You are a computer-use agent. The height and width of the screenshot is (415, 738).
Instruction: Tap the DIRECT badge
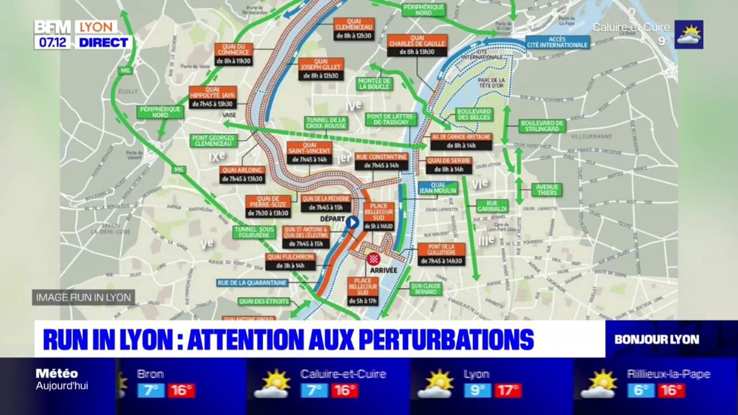click(103, 42)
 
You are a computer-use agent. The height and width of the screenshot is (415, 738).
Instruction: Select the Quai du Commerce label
click(234, 50)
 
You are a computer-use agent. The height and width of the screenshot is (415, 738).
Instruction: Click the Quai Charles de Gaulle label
click(417, 41)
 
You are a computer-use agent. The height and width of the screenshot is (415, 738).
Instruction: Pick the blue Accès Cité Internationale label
click(558, 42)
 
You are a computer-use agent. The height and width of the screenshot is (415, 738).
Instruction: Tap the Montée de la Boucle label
click(374, 84)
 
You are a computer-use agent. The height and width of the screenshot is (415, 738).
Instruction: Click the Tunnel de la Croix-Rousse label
click(325, 123)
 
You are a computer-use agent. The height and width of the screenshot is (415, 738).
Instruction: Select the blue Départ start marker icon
click(352, 222)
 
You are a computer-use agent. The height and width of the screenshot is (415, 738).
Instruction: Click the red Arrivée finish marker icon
click(373, 258)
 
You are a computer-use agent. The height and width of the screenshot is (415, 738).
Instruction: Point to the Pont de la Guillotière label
click(441, 249)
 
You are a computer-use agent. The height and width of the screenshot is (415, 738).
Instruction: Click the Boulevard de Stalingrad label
click(541, 126)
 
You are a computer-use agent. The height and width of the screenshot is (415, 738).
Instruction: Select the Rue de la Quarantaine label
click(252, 283)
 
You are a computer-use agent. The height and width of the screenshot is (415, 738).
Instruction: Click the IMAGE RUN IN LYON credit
click(84, 297)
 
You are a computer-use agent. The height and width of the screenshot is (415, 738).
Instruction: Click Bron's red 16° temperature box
click(181, 390)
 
